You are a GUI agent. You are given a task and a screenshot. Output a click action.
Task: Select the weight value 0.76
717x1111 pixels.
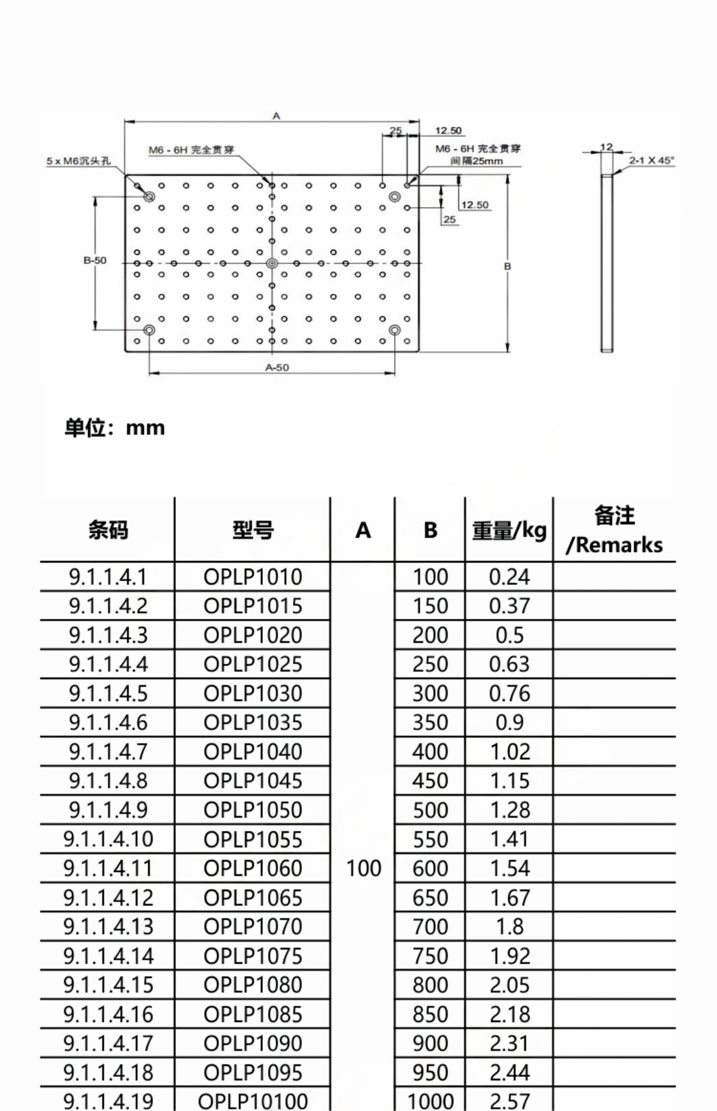pyautogui.click(x=509, y=694)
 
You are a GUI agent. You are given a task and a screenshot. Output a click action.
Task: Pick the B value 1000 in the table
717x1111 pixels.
pyautogui.click(x=430, y=1101)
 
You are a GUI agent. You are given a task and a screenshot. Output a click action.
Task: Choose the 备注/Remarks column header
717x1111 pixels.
pyautogui.click(x=614, y=530)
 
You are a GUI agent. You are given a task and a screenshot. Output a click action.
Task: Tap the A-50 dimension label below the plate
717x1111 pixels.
pyautogui.click(x=277, y=367)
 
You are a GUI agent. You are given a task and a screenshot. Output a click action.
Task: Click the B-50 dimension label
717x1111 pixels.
pyautogui.click(x=95, y=260)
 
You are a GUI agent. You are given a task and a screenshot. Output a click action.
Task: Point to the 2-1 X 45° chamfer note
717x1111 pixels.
pyautogui.click(x=651, y=161)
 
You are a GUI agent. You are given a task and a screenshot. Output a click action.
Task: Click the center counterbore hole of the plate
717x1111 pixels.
pyautogui.click(x=272, y=264)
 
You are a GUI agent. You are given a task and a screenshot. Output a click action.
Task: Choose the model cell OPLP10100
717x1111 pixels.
pyautogui.click(x=253, y=1101)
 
